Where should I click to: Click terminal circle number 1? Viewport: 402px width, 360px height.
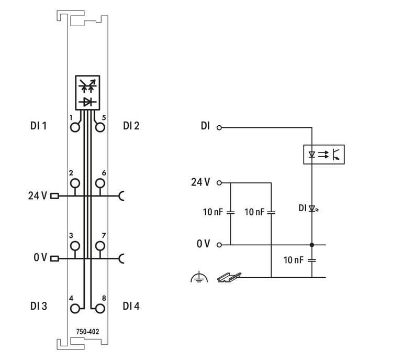(x=75, y=127)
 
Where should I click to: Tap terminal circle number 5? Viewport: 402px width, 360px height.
(x=99, y=127)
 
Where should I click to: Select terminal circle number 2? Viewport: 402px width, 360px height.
(x=75, y=183)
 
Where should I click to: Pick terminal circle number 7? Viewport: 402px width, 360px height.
(x=99, y=245)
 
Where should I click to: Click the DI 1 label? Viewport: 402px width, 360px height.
(x=39, y=126)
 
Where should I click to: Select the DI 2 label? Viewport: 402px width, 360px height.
(x=131, y=126)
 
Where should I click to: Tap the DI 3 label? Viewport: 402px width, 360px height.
(x=39, y=306)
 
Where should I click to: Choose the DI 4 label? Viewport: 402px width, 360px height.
(x=131, y=306)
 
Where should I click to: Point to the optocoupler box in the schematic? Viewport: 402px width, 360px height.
(x=324, y=154)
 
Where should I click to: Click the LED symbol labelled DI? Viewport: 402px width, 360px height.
(x=312, y=208)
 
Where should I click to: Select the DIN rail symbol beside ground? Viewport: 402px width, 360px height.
(x=226, y=276)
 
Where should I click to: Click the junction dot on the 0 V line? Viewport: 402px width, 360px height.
(x=312, y=245)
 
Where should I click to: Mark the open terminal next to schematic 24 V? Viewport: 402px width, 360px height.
(x=219, y=183)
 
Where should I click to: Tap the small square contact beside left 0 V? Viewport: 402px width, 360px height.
(x=54, y=258)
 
